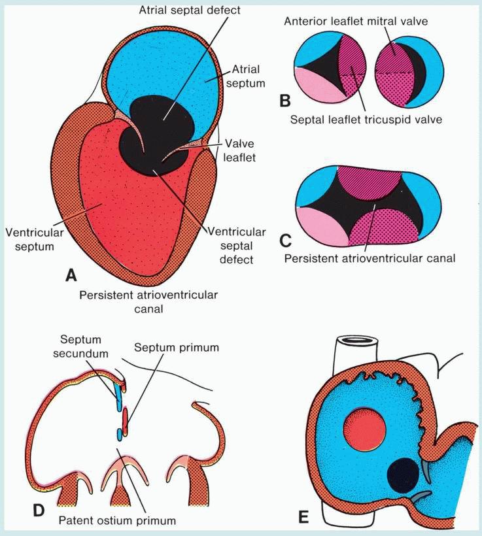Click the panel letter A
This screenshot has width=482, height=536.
point(71,275)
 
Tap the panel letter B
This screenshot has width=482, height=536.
point(284,101)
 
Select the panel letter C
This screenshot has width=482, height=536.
point(284,239)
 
